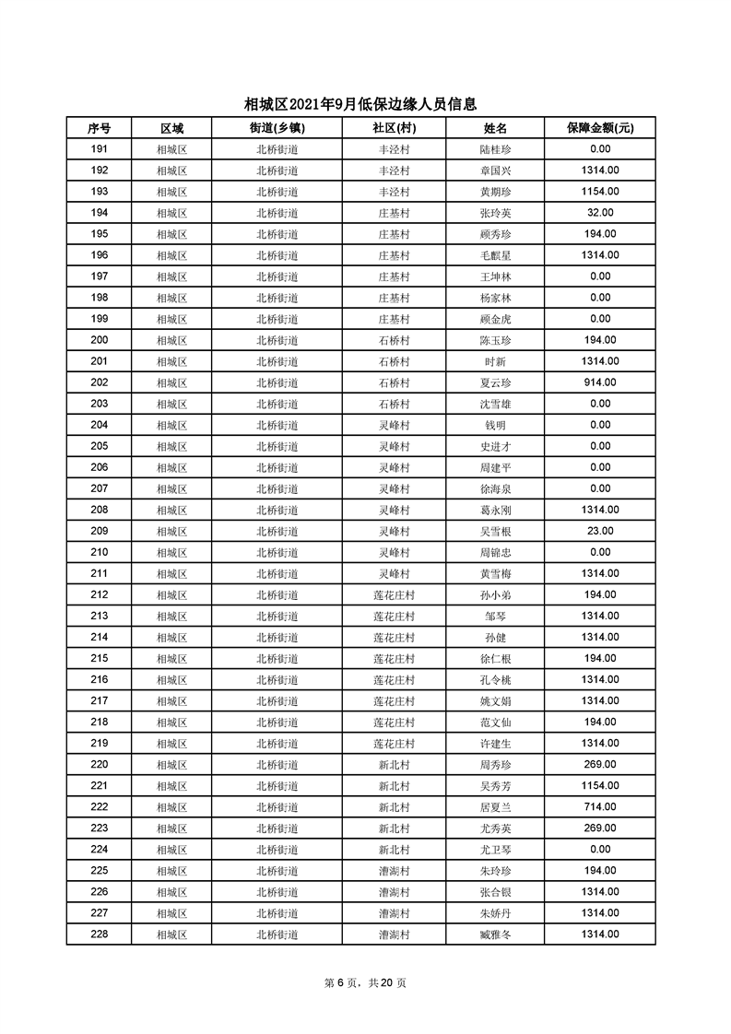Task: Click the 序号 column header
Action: click(x=99, y=128)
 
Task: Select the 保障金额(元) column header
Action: click(x=600, y=128)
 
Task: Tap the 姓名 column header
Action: click(x=496, y=128)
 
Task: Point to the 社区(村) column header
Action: click(x=394, y=128)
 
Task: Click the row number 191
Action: click(x=99, y=149)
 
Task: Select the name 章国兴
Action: click(x=496, y=170)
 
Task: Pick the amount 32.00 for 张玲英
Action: click(x=600, y=213)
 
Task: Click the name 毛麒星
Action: click(x=496, y=255)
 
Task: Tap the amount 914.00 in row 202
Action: click(x=600, y=382)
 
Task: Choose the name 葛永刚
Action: click(x=496, y=510)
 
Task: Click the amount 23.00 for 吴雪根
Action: click(x=600, y=531)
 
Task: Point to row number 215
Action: click(x=99, y=658)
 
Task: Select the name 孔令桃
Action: click(x=496, y=679)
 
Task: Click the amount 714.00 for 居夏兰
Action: click(x=600, y=806)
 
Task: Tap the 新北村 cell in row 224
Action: click(x=394, y=849)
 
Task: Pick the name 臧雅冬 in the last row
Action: click(x=496, y=934)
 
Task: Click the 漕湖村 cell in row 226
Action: click(x=394, y=891)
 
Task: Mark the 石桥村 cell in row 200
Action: click(x=394, y=340)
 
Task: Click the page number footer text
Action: click(x=365, y=982)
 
